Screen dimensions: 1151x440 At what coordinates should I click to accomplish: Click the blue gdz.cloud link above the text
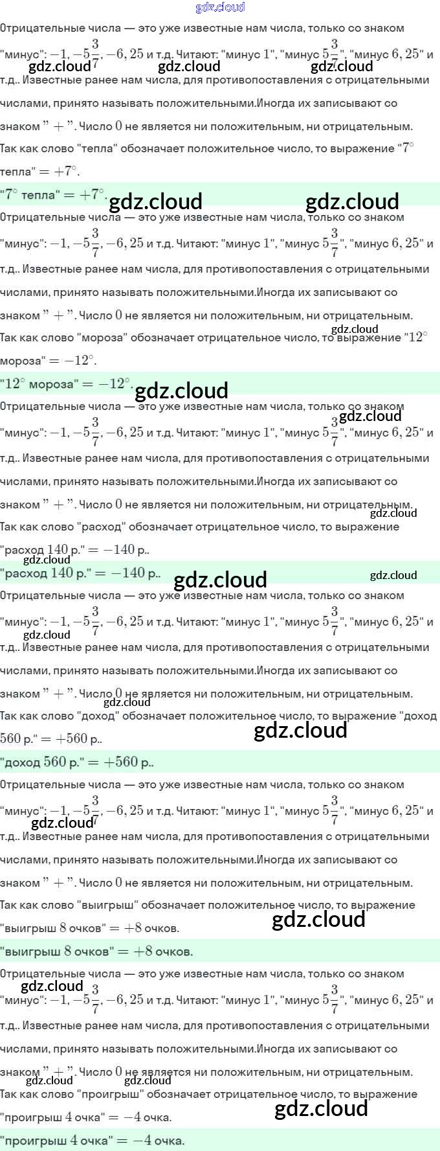220,7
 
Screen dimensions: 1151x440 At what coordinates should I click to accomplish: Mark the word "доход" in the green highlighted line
23,762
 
